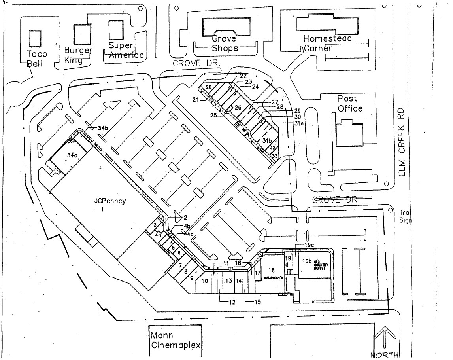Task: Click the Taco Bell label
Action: pos(36,59)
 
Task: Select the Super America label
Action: pos(126,51)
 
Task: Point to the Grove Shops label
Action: pos(225,44)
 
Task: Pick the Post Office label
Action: pos(347,103)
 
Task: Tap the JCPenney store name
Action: pos(110,201)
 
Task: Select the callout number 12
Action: pos(232,303)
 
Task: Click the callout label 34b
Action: pos(103,128)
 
